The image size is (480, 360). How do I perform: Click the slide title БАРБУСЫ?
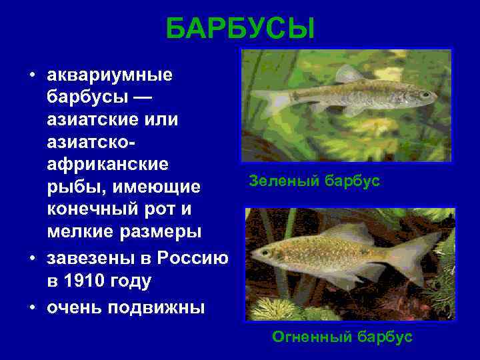[x=240, y=29]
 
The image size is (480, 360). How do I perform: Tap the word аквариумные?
[x=109, y=75]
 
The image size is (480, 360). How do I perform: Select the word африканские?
[x=107, y=163]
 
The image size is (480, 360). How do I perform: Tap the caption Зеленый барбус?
[x=314, y=181]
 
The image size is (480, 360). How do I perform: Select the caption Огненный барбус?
[x=342, y=337]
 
